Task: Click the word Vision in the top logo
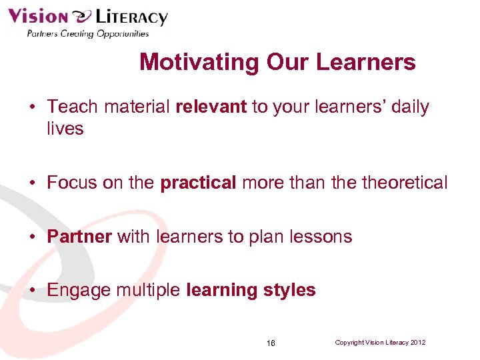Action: click(37, 17)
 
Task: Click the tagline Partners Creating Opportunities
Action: click(87, 34)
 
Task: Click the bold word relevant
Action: click(211, 107)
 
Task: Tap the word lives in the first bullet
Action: click(65, 128)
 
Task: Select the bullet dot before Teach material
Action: click(32, 107)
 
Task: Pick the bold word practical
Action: click(198, 183)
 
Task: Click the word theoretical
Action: click(405, 183)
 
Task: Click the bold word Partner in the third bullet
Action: click(79, 236)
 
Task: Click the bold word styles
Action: click(289, 291)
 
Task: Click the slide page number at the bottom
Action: click(270, 343)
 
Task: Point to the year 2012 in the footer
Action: click(417, 343)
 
